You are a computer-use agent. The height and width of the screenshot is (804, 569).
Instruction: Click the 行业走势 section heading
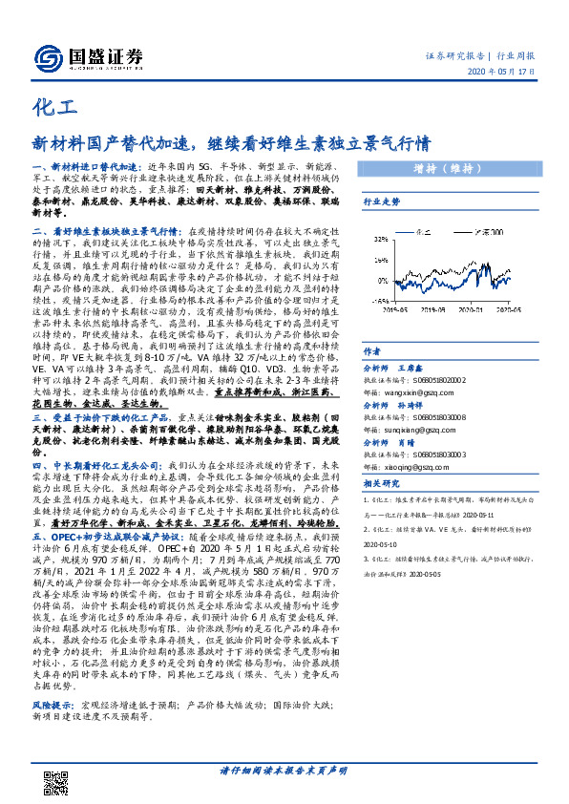(x=381, y=202)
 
